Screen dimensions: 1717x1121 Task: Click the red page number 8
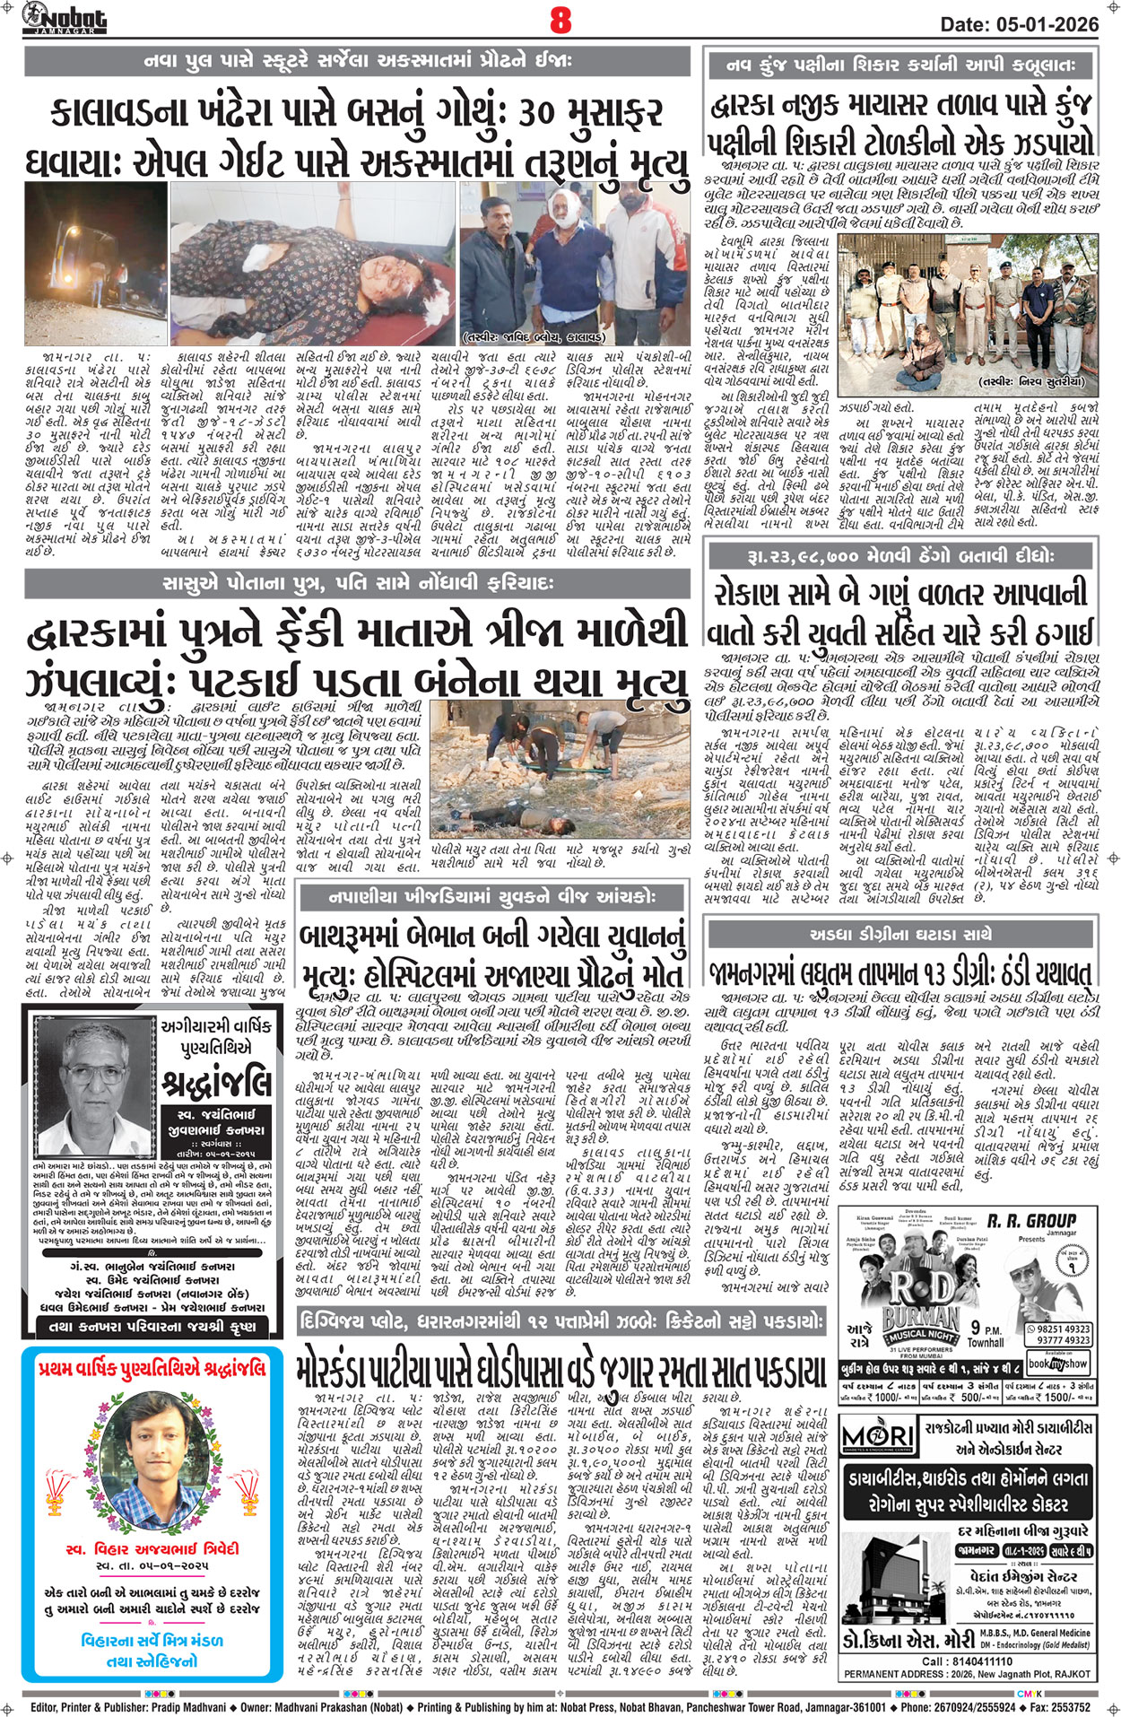[x=560, y=20]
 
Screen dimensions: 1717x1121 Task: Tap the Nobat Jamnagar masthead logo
[x=65, y=18]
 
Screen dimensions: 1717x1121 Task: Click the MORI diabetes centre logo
[x=878, y=1435]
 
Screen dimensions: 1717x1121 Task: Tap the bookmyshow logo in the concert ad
[x=1058, y=1363]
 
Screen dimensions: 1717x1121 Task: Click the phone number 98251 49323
[x=1064, y=1329]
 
